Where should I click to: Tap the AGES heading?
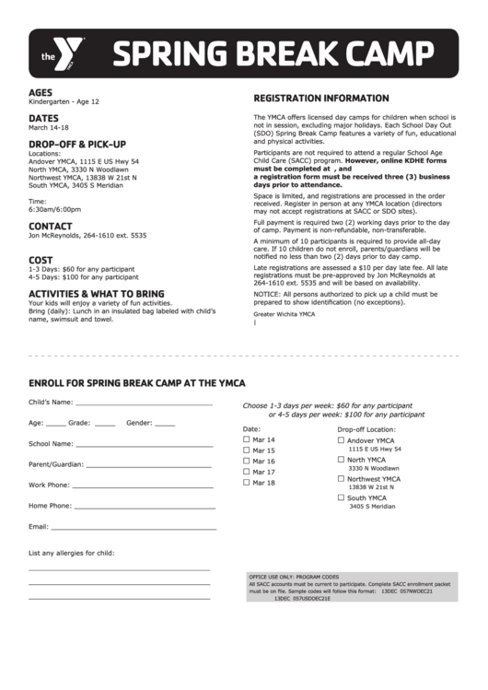tap(41, 92)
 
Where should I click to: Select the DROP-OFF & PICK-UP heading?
tap(76, 145)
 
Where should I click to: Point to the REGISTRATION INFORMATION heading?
tap(321, 98)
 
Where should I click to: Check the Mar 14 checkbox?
tap(246, 439)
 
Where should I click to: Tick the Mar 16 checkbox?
tap(246, 461)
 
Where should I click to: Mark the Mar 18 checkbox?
tap(246, 482)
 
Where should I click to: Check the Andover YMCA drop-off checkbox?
tap(341, 440)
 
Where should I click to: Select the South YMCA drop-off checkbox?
tap(341, 497)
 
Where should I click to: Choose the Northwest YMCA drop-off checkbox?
tap(341, 478)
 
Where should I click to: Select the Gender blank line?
tap(165, 425)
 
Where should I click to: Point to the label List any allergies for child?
tap(72, 553)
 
